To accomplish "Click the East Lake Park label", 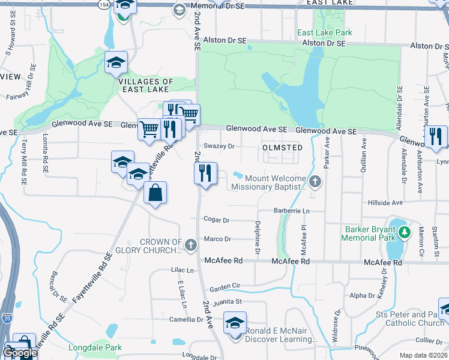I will (324, 32).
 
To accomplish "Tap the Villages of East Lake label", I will (146, 85).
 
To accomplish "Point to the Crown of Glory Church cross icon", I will (191, 244).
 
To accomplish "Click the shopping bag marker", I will (155, 193).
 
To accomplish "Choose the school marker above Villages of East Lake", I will (116, 63).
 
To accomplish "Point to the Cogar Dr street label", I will (217, 220).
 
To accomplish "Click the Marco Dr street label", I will (217, 239).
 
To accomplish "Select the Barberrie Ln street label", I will (291, 211).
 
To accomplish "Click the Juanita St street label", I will (229, 301).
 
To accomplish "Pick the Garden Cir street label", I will (224, 286).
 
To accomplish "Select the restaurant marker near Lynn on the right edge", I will (435, 136).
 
